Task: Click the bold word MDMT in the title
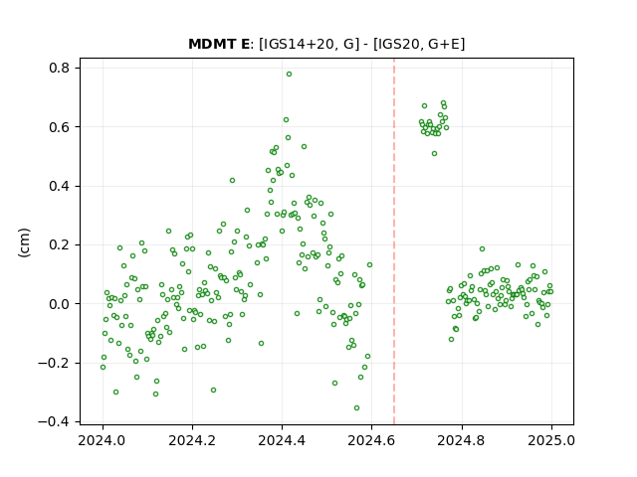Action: point(214,44)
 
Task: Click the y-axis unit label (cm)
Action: point(24,242)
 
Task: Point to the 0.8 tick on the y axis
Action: point(60,68)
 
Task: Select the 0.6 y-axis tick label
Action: point(60,127)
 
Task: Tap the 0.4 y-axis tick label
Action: point(60,186)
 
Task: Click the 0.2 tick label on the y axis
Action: point(60,245)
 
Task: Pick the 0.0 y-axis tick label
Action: point(60,304)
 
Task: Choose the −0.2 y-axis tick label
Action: point(54,363)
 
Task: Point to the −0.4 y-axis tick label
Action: point(54,422)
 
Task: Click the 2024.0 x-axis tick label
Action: point(103,440)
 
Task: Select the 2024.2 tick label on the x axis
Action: point(192,440)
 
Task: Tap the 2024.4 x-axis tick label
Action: point(282,440)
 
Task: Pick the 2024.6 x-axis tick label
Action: point(371,440)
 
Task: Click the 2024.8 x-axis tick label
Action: point(462,440)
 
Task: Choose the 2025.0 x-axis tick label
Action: point(551,440)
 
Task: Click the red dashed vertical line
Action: point(394,241)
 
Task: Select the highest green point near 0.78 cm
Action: point(289,75)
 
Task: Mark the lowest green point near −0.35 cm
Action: point(356,408)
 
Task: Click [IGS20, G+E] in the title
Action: point(418,44)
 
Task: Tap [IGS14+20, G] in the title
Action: point(310,44)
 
